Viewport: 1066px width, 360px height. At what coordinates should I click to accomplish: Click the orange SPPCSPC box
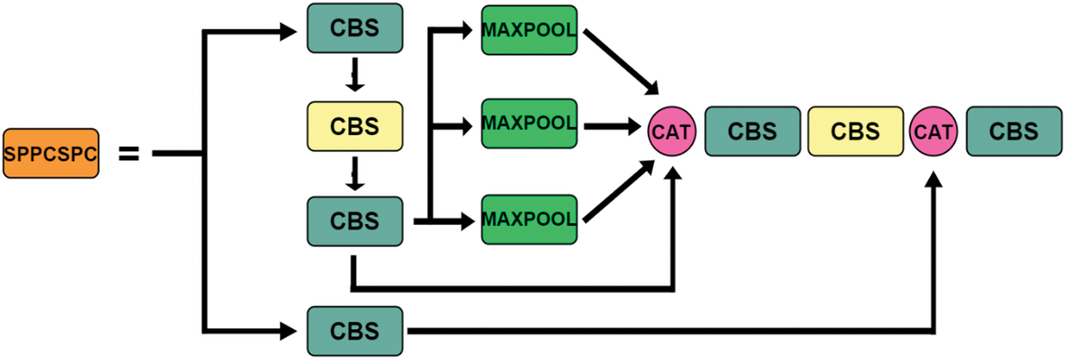(50, 154)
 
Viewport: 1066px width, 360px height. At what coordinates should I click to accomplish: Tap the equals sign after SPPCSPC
(127, 154)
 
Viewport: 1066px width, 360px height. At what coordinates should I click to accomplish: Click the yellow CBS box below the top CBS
(354, 126)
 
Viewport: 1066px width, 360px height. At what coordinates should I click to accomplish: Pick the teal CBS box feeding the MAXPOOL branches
(354, 221)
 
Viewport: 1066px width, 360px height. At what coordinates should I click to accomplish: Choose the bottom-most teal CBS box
(354, 329)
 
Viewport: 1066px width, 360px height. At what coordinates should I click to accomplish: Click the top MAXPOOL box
(528, 31)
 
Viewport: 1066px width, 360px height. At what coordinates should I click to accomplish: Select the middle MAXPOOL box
(528, 124)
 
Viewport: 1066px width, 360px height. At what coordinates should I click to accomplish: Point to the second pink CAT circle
(933, 132)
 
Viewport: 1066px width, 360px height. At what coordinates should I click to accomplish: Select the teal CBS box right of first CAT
(753, 132)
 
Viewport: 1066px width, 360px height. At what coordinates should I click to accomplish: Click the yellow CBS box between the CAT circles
(855, 132)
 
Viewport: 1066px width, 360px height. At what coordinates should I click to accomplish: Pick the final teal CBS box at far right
(1014, 132)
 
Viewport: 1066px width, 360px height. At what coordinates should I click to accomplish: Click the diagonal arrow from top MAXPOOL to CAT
(621, 63)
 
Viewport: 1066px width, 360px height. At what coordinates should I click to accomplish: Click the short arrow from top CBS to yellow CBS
(356, 77)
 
